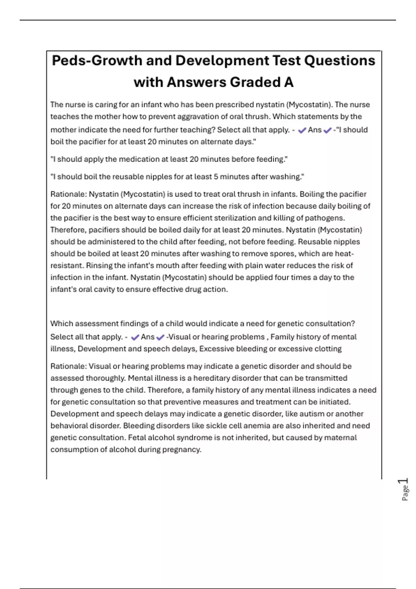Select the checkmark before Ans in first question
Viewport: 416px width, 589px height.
(x=302, y=130)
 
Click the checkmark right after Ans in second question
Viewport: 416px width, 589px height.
(x=160, y=337)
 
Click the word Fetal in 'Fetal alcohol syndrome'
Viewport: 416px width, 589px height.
(x=137, y=438)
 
